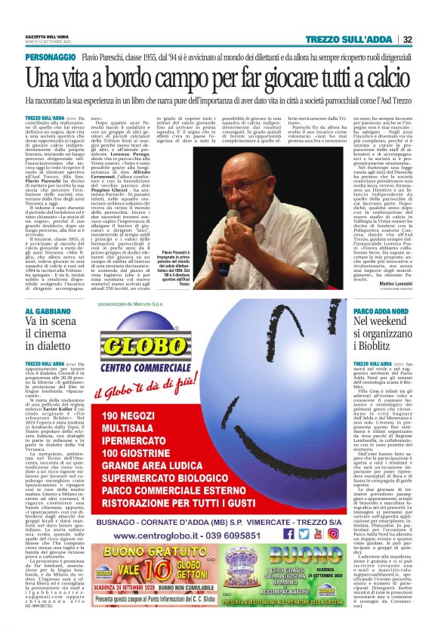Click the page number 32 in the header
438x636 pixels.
[x=407, y=39]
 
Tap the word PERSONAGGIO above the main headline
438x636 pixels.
[x=51, y=57]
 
